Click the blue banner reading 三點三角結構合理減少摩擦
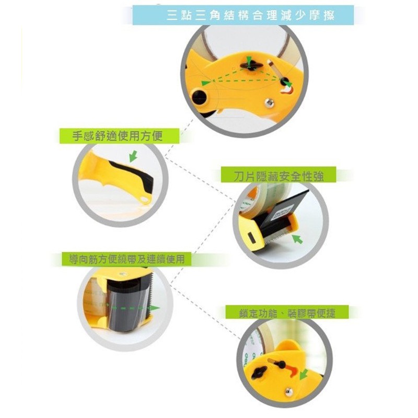click(x=243, y=15)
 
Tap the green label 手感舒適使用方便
click(x=119, y=136)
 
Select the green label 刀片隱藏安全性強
click(x=278, y=175)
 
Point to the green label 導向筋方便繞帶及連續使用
click(x=126, y=259)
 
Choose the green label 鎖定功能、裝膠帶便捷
click(x=287, y=312)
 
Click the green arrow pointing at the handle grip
click(x=133, y=156)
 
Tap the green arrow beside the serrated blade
click(x=297, y=239)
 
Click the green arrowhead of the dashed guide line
click(x=155, y=308)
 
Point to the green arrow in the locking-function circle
click(x=304, y=374)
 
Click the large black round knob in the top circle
click(x=199, y=96)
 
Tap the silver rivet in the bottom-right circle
click(x=288, y=391)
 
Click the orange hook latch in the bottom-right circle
click(x=292, y=370)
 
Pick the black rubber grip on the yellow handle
click(x=133, y=172)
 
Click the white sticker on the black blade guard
click(x=278, y=213)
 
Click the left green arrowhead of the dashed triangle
click(x=205, y=83)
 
